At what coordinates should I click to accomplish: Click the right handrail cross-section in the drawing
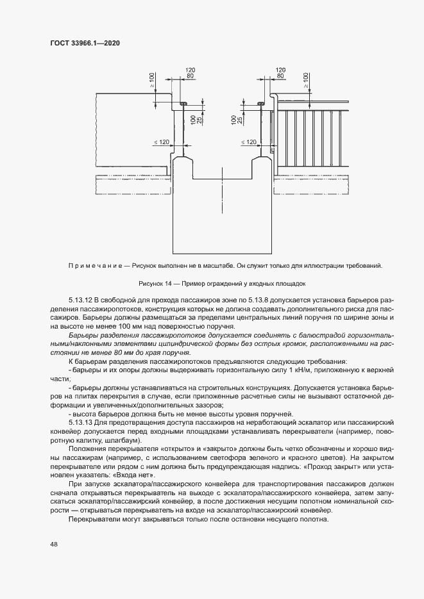261,103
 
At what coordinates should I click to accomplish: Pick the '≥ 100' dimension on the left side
151,80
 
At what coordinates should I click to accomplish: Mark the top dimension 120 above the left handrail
190,69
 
